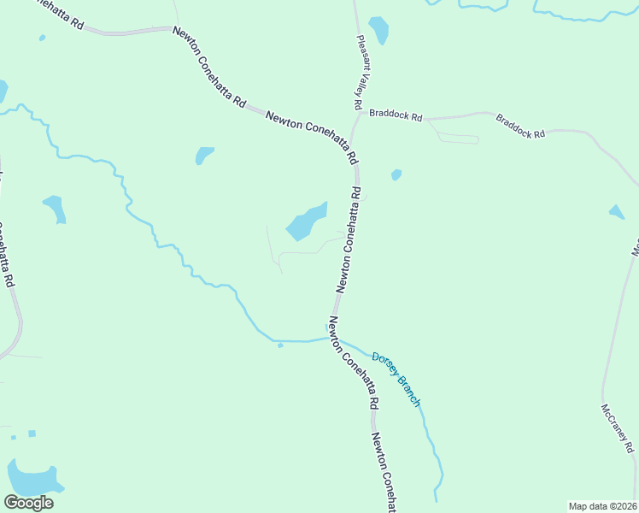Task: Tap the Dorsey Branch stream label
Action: [396, 379]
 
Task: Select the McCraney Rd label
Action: [619, 428]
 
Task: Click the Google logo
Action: [28, 503]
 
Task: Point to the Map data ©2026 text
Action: [602, 506]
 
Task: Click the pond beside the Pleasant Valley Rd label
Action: [378, 30]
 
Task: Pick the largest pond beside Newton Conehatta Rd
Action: [306, 222]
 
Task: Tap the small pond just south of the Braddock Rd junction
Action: [396, 175]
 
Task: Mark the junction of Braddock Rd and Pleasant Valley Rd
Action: [360, 114]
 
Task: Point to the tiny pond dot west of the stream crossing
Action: [280, 345]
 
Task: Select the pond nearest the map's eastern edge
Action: [617, 211]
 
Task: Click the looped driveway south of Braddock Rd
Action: [457, 137]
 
